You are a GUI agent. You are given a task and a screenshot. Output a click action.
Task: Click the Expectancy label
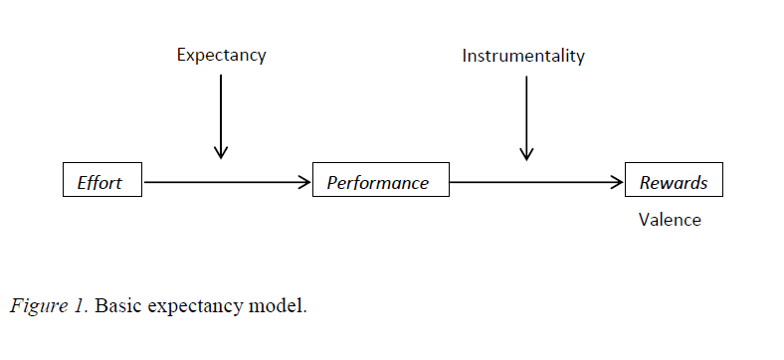click(x=221, y=56)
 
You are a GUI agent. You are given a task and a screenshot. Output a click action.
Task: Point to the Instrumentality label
click(x=523, y=56)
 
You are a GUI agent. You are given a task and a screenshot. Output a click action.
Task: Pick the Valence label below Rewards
click(x=670, y=220)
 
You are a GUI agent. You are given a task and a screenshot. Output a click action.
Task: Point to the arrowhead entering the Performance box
click(x=304, y=182)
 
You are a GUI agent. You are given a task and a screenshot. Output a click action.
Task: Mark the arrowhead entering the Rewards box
click(x=617, y=182)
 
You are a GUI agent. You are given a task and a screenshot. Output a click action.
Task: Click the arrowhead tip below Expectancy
click(x=221, y=156)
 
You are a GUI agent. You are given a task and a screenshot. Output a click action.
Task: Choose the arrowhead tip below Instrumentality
click(x=526, y=158)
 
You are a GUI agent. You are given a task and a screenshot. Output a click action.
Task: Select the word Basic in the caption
click(x=119, y=305)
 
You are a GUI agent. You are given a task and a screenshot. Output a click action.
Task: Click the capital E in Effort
click(x=83, y=182)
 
